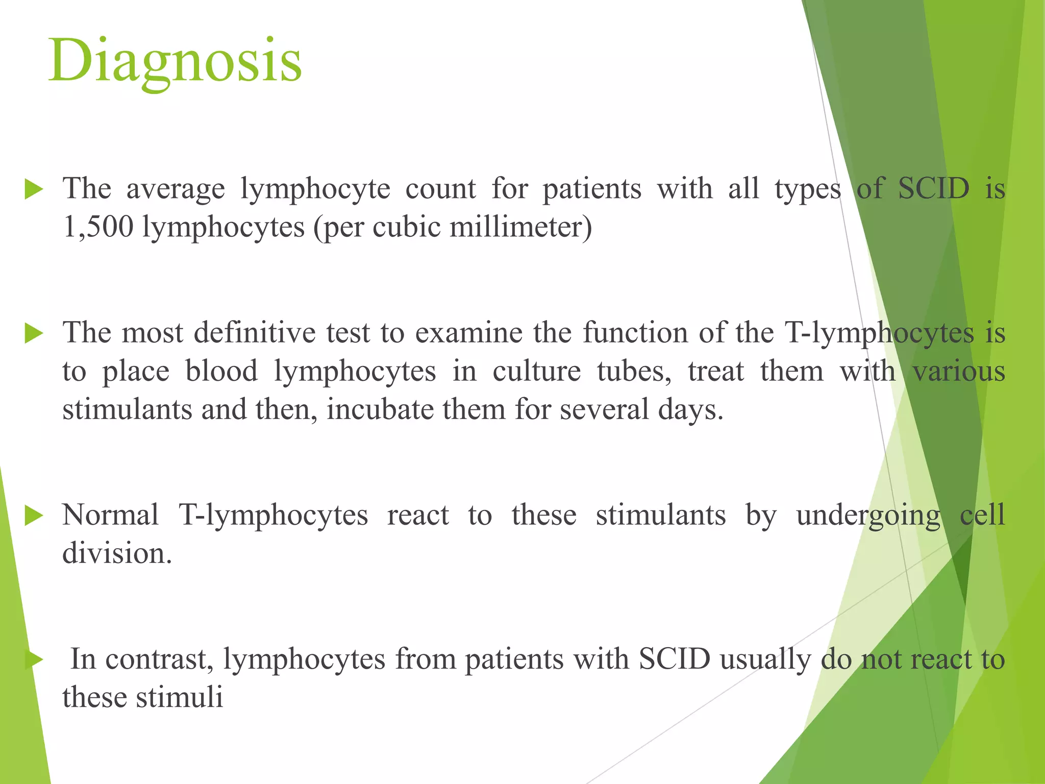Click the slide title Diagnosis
(175, 61)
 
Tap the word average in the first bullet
(175, 189)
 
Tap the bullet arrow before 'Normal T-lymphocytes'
(34, 516)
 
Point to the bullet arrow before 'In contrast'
(34, 659)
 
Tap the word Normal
(110, 515)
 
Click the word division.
(117, 553)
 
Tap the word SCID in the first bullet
(933, 188)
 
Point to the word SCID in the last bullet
(675, 659)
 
